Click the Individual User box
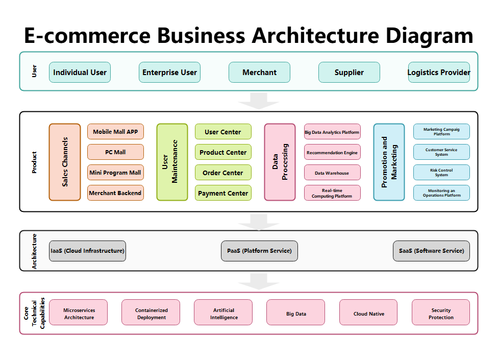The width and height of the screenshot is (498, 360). tap(80, 73)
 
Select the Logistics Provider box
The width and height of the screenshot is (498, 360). tap(439, 73)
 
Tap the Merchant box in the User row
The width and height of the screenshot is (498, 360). tap(259, 73)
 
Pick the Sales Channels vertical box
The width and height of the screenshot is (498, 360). tap(65, 162)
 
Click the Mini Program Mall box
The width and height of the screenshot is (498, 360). tap(115, 173)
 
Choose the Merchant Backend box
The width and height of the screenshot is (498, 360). tap(115, 193)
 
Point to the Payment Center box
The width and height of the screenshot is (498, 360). tap(223, 193)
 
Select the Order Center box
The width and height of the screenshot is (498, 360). tap(223, 173)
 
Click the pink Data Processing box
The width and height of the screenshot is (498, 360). tap(280, 162)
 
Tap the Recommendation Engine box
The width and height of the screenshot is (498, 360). tap(332, 152)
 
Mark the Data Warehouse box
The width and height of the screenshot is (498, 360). tap(332, 173)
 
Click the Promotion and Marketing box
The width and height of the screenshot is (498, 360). tap(389, 162)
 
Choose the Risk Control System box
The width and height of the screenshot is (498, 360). tap(441, 173)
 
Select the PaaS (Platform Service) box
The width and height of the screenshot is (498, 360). tap(259, 251)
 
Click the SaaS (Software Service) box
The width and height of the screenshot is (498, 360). tap(431, 251)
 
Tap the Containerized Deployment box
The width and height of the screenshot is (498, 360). tap(151, 313)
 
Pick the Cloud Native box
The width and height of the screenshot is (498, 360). tap(368, 313)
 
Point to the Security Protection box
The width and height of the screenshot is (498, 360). tap(441, 313)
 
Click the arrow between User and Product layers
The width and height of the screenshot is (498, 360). tap(259, 101)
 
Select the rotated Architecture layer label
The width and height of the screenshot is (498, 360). tap(34, 251)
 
